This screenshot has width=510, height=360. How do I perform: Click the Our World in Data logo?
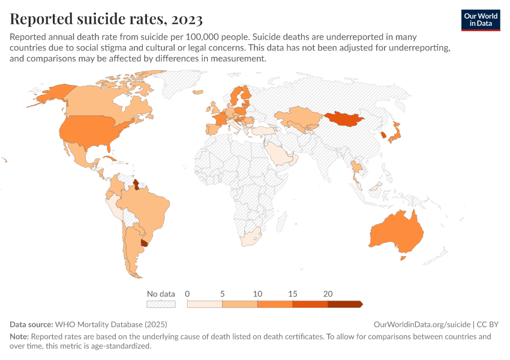481,20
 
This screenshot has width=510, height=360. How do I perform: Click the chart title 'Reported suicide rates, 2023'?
106,19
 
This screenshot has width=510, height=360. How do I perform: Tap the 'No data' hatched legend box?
161,304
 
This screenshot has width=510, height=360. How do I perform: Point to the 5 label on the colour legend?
222,294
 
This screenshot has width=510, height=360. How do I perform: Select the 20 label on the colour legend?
328,294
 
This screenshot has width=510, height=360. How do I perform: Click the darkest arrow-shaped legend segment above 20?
344,304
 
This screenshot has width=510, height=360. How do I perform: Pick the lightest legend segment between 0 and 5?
205,304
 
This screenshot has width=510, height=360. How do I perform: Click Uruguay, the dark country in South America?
144,242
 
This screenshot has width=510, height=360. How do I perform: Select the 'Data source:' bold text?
31,324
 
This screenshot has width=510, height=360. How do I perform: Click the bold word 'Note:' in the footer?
19,337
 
